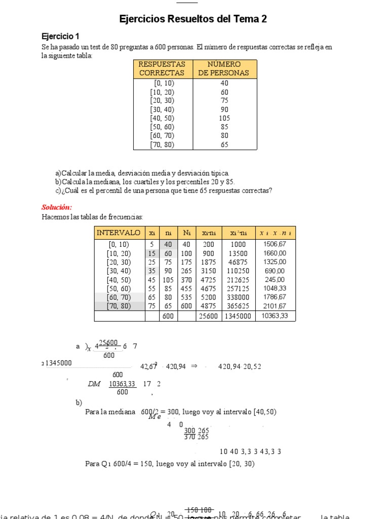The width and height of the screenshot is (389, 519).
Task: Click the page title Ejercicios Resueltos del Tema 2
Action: coord(192,19)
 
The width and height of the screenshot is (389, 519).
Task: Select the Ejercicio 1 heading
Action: coord(60,36)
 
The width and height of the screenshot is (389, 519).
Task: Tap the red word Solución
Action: coord(57,207)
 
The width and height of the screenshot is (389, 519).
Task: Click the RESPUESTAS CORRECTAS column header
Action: coord(162,68)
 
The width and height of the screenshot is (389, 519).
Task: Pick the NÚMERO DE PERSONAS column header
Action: coord(224,68)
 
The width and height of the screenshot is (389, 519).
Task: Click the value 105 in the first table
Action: coord(224,118)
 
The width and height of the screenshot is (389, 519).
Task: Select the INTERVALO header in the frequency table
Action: coord(119,233)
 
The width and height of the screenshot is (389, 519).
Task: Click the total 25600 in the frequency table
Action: coord(209,316)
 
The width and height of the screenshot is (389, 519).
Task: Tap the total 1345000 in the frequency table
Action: coord(238,316)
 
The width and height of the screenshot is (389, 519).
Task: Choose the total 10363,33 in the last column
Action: coord(275,316)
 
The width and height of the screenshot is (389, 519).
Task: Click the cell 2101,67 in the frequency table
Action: coord(275,306)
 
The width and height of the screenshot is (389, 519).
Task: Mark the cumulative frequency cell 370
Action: coord(187,280)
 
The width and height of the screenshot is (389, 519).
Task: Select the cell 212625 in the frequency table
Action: coord(238,280)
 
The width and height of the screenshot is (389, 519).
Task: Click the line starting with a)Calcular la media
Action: coord(142,173)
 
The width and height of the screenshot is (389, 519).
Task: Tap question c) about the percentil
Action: coord(164,191)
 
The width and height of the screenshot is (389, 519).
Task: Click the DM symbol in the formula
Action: coord(94,384)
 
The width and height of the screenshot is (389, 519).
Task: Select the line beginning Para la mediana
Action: coord(181,412)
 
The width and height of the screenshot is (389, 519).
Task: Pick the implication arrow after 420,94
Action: coord(193,366)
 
